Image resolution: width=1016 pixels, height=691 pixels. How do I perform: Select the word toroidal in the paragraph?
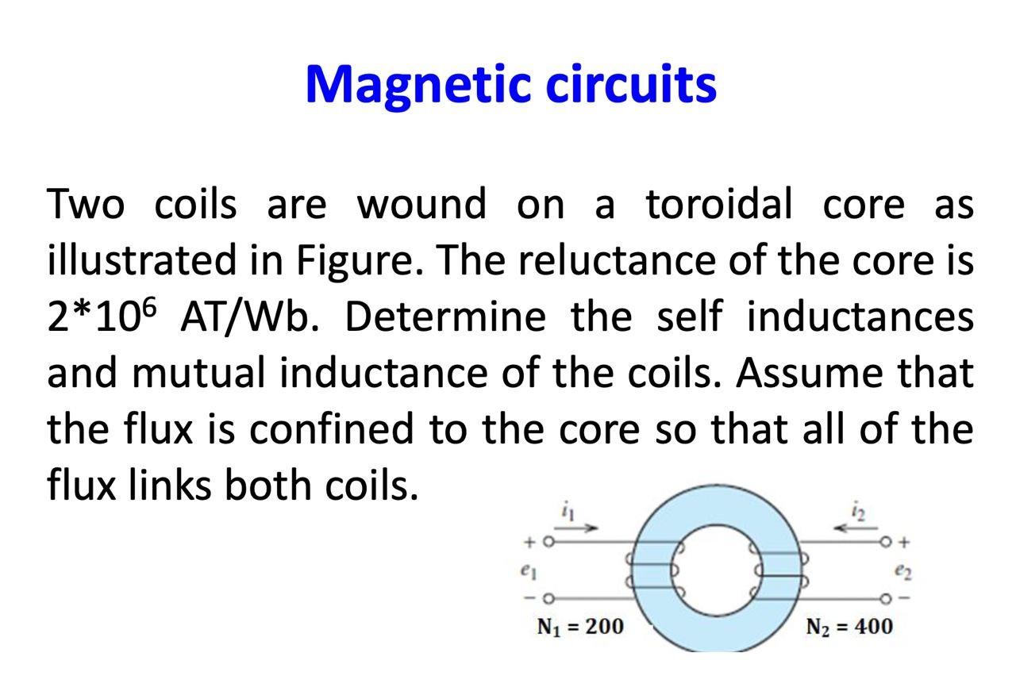click(719, 204)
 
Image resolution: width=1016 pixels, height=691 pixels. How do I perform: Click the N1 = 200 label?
click(580, 627)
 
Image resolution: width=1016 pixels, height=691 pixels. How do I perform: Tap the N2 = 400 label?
click(849, 627)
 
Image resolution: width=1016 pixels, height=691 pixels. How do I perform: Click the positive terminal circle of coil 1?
click(547, 543)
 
